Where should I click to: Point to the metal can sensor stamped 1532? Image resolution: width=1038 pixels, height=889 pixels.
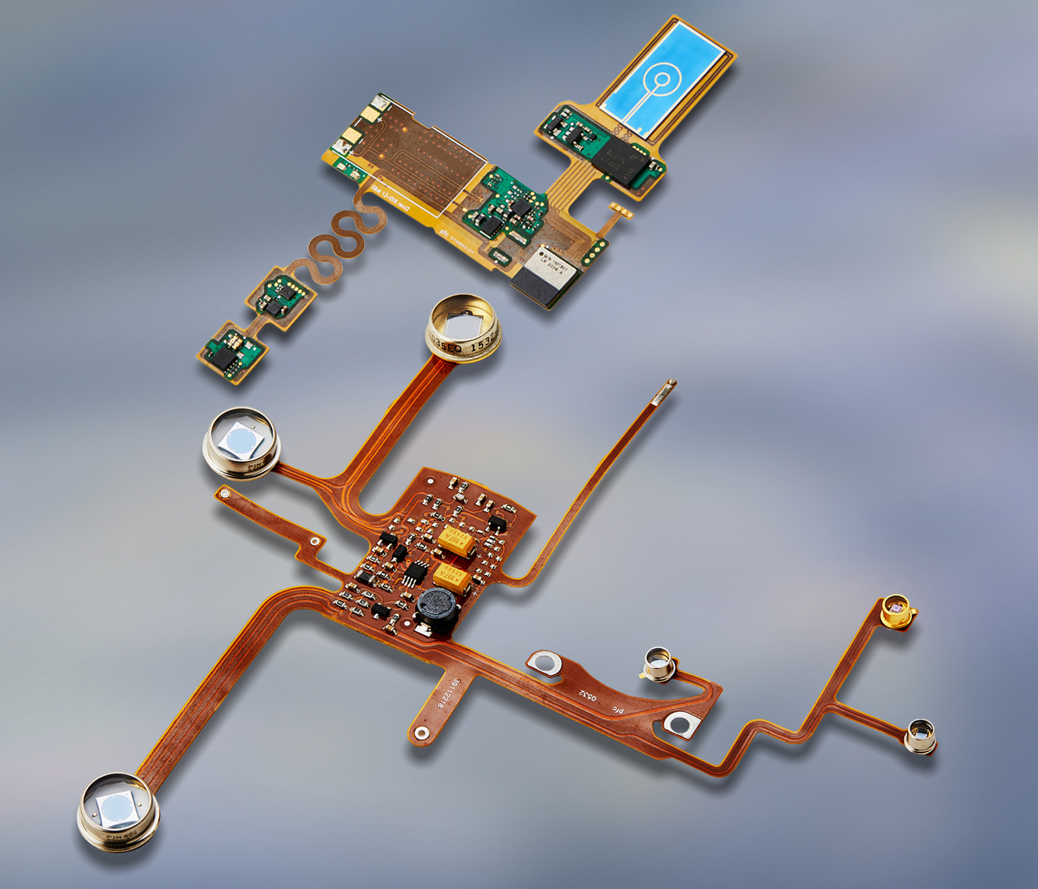[x=463, y=331]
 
